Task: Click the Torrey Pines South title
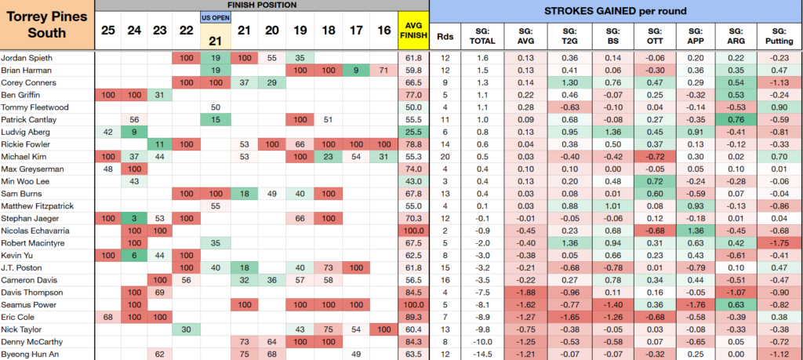tap(47, 24)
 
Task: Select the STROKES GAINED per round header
tap(616, 11)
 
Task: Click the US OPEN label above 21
tap(215, 18)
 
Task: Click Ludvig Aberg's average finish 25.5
tap(412, 132)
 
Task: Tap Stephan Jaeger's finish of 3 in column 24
tap(135, 219)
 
